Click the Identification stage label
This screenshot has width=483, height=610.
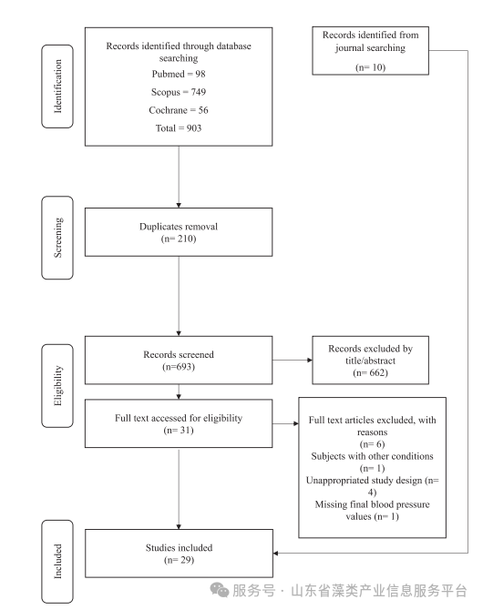[57, 86]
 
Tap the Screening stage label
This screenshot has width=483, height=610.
[57, 238]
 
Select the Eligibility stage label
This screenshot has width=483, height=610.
[57, 385]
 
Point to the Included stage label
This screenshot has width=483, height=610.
[57, 562]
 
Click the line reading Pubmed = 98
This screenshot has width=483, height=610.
[179, 74]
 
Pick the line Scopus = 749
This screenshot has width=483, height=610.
[179, 92]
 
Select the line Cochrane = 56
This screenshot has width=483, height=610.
[179, 110]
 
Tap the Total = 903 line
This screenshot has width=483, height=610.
[179, 128]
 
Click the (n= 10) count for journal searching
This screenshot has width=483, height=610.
[370, 67]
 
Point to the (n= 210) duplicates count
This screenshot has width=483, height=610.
[179, 239]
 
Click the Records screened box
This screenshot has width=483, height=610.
[179, 361]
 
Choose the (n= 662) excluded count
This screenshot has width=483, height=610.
[370, 372]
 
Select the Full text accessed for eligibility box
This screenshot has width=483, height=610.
[179, 423]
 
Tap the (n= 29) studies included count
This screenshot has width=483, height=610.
[179, 560]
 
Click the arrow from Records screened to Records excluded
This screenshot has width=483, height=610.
[293, 360]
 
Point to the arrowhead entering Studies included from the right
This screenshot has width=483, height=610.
[275, 553]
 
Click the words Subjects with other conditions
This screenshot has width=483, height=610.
[372, 456]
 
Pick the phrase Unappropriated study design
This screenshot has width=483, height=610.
[364, 481]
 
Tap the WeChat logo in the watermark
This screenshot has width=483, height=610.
[220, 590]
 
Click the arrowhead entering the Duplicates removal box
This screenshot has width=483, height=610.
[179, 206]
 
